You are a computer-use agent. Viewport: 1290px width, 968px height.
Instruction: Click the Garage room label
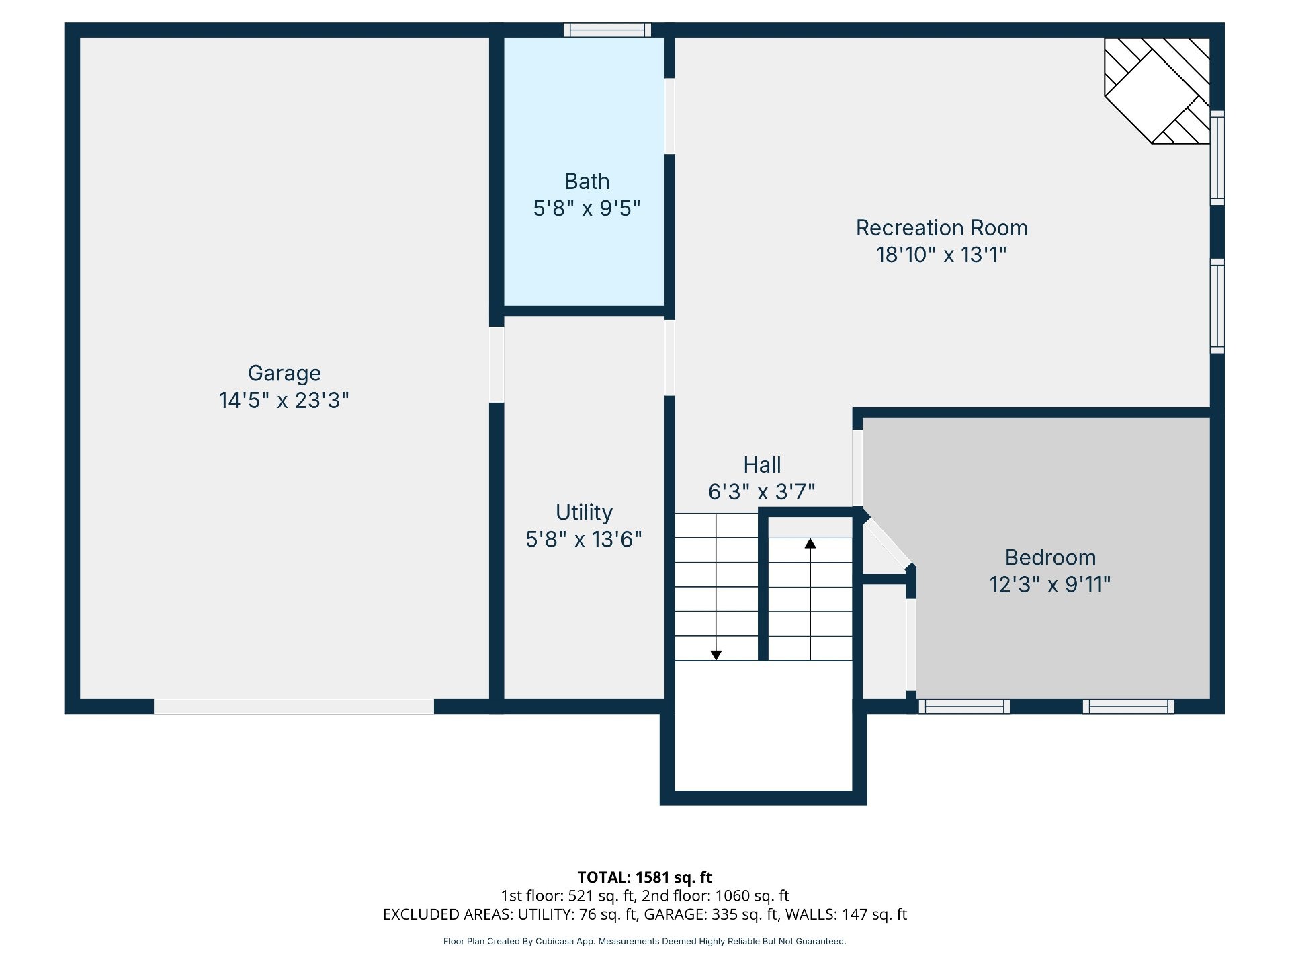click(x=284, y=374)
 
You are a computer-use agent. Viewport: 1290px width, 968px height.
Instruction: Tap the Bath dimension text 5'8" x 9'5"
click(x=587, y=208)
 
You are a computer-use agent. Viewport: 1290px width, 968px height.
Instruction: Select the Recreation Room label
click(x=941, y=228)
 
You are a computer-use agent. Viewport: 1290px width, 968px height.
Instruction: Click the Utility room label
click(x=584, y=513)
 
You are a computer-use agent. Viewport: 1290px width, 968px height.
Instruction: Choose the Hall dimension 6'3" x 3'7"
click(x=762, y=492)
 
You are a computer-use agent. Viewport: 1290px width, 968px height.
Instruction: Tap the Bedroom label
click(x=1050, y=558)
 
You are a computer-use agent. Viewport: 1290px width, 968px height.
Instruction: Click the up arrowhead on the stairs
click(x=810, y=543)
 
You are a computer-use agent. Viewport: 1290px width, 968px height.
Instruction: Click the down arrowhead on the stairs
click(x=716, y=655)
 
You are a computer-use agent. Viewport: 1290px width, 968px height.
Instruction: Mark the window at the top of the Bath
click(x=607, y=30)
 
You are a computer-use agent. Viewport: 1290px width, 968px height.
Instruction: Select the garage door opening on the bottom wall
click(x=294, y=707)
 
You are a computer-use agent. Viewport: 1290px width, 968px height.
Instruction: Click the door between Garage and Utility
click(x=497, y=364)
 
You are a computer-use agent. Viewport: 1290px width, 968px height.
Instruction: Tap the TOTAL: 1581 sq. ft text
click(x=645, y=877)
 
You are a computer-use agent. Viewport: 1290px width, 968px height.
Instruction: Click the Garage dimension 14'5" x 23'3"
click(x=284, y=401)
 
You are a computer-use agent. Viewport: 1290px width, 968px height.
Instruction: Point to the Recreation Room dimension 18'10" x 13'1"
click(x=941, y=255)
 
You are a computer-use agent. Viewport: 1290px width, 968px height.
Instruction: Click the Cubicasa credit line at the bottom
click(x=645, y=941)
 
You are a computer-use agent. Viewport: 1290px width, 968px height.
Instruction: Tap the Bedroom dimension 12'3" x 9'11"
click(x=1050, y=585)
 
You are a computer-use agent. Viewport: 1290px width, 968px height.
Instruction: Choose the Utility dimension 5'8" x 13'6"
click(x=584, y=540)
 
